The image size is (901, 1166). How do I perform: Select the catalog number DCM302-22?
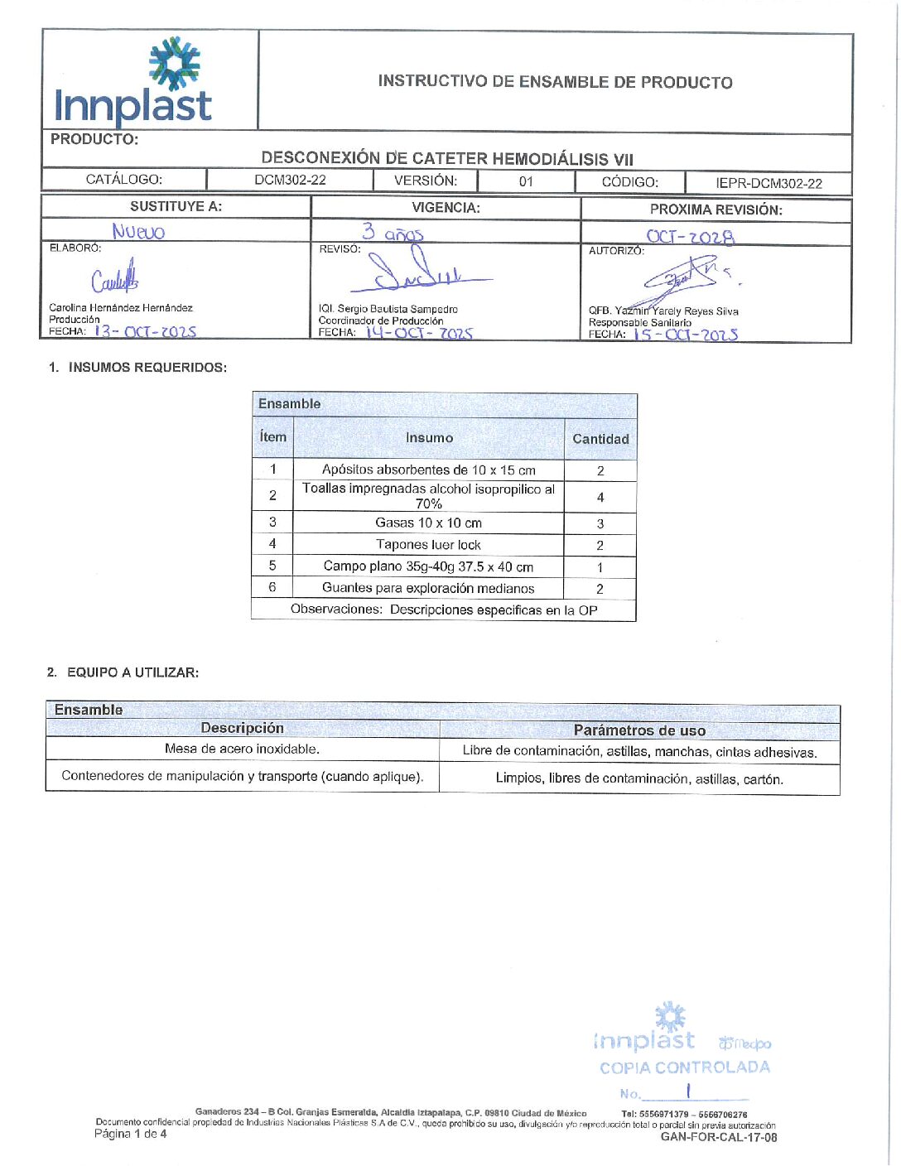click(x=290, y=180)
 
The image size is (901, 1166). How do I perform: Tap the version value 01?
click(x=526, y=181)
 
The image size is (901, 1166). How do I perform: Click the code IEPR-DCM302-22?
click(x=768, y=183)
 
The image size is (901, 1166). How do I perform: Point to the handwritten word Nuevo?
click(x=138, y=232)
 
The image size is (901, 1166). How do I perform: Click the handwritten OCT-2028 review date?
click(x=690, y=237)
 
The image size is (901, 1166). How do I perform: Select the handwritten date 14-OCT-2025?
click(x=419, y=333)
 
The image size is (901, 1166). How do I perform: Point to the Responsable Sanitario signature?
click(x=687, y=279)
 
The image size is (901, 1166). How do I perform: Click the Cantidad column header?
click(x=600, y=439)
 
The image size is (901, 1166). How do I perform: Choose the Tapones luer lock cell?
click(x=428, y=545)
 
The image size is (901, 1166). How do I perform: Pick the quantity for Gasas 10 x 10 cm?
click(x=600, y=523)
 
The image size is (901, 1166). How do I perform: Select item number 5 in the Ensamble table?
click(x=272, y=566)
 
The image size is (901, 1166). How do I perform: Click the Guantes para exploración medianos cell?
click(x=428, y=588)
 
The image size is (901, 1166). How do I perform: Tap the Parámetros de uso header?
click(x=639, y=730)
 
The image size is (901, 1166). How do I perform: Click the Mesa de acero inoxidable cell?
click(x=242, y=749)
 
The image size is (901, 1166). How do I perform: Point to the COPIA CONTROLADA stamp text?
click(x=685, y=1067)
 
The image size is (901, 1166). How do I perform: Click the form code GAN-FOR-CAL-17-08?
click(x=719, y=1137)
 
